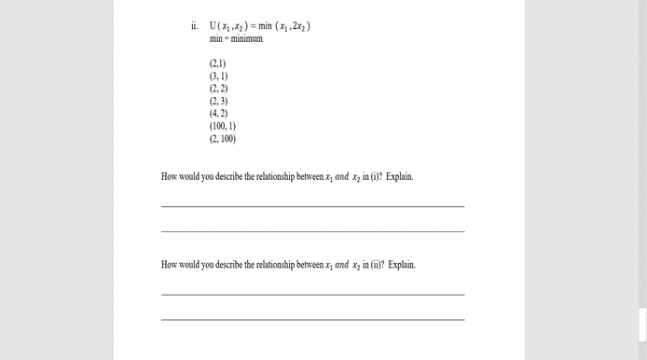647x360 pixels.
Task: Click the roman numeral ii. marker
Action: click(x=194, y=27)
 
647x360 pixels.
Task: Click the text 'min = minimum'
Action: click(x=236, y=39)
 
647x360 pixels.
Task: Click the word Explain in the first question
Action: click(x=399, y=176)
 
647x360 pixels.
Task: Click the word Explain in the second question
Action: click(x=402, y=265)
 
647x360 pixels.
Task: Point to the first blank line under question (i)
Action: click(x=312, y=206)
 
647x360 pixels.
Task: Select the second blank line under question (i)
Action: click(x=312, y=231)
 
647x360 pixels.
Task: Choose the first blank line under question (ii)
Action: click(x=312, y=295)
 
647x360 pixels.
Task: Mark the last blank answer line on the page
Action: click(x=312, y=320)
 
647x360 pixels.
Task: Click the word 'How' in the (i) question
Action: click(x=170, y=176)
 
